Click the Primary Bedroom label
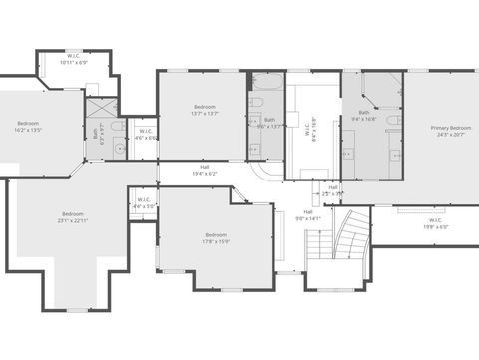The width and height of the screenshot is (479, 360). click(451, 131)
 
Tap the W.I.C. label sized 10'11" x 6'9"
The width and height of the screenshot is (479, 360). click(74, 58)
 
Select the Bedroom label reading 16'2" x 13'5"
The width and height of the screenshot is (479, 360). click(27, 126)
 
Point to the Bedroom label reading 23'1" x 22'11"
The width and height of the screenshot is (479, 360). click(73, 216)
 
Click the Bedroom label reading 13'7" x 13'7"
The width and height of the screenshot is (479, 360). click(204, 110)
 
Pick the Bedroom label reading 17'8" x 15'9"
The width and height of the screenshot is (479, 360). click(216, 237)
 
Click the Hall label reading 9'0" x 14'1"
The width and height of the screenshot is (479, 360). click(308, 214)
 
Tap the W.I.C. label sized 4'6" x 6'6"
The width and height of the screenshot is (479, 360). click(145, 134)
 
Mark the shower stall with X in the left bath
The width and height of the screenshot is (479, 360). click(101, 107)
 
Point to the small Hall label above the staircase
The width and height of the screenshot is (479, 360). click(332, 189)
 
